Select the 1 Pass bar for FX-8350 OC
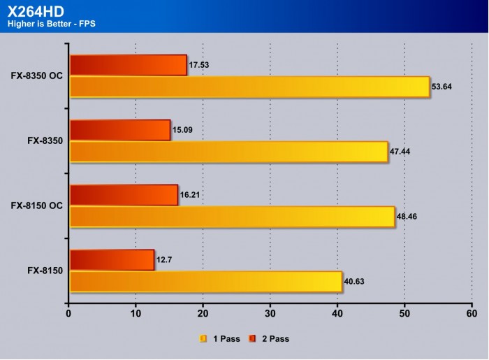tap(249, 87)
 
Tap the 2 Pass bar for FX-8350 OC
tap(129, 65)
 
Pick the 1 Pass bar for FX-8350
tap(228, 152)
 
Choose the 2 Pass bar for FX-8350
tap(120, 130)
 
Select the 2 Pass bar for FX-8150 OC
tap(124, 195)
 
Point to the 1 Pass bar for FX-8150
tap(205, 282)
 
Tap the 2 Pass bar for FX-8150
tap(112, 260)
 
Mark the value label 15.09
tap(182, 130)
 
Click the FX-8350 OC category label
tap(37, 75)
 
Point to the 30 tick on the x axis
tap(270, 314)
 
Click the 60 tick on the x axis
tap(472, 314)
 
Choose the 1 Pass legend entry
tap(220, 339)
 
